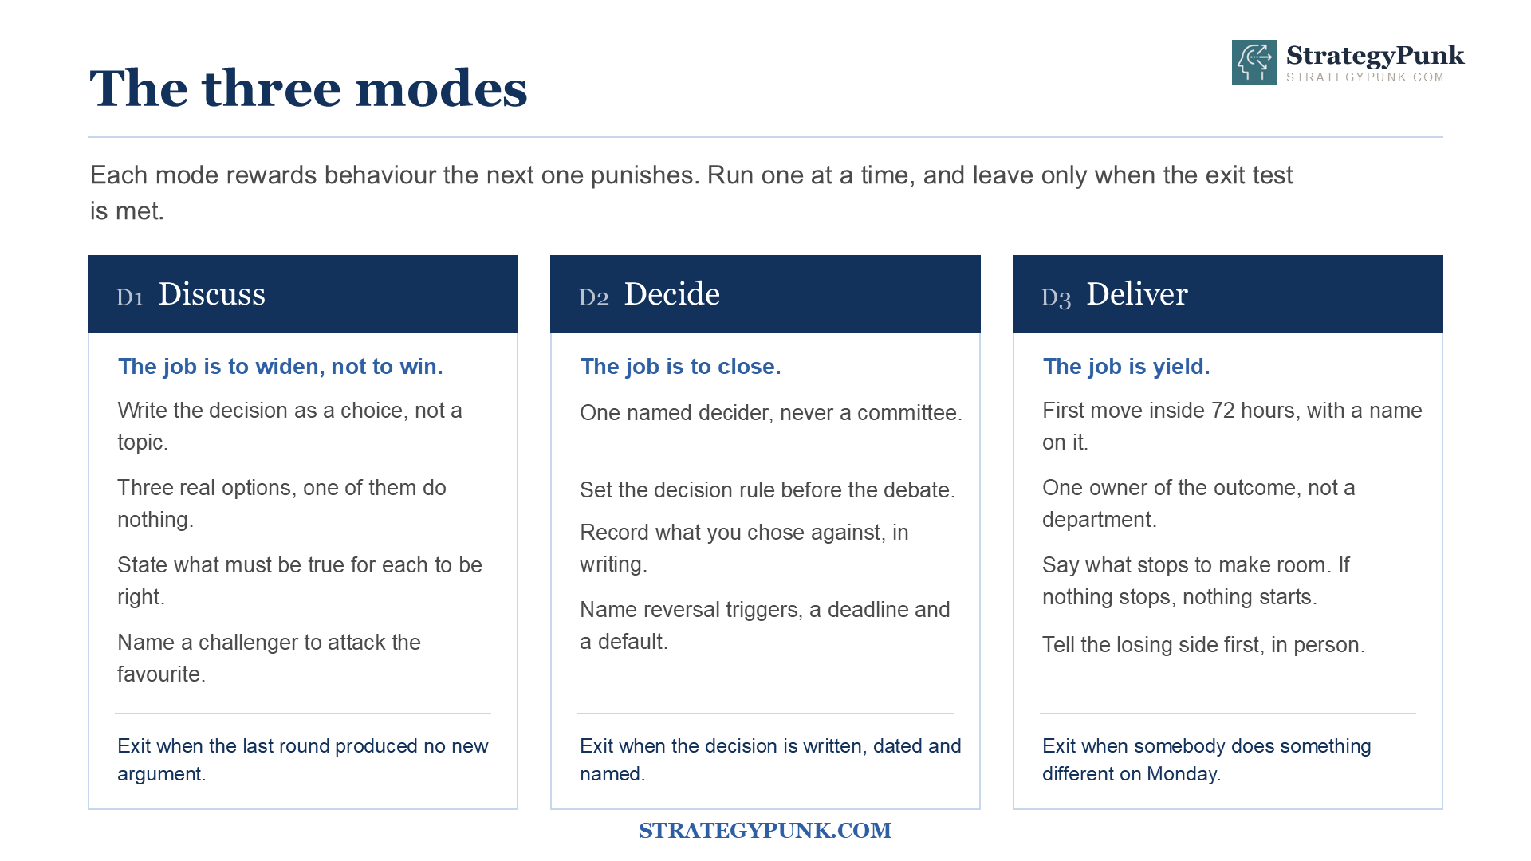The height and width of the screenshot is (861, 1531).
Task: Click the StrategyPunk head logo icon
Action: coord(1254,62)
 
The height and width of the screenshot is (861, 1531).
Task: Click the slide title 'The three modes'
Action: coord(309,88)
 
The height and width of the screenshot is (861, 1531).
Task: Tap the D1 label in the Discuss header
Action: coord(130,297)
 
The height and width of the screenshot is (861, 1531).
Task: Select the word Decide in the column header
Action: coord(672,294)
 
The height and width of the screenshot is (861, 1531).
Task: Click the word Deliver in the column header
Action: coord(1137,294)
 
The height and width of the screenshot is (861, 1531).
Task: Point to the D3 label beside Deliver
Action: coord(1056,297)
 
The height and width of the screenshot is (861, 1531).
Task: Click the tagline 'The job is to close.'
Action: coord(680,367)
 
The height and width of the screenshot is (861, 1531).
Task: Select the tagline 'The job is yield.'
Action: coord(1126,367)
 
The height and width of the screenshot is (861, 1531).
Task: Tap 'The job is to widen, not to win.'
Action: coord(280,367)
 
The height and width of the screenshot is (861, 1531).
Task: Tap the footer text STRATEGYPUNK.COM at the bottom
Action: coord(765,831)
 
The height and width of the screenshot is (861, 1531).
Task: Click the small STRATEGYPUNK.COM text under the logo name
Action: coord(1365,77)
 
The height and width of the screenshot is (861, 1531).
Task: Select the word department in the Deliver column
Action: coord(1099,520)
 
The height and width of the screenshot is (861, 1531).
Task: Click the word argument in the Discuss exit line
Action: coord(161,774)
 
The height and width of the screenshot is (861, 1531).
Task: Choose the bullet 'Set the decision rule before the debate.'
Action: coord(767,490)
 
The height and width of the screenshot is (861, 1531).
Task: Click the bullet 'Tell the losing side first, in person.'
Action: coord(1203,645)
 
